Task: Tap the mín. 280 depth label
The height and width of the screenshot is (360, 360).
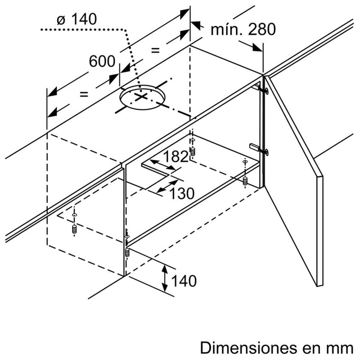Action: tap(243, 30)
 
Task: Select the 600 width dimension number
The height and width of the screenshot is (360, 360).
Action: tap(102, 62)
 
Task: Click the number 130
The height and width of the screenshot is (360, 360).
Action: tap(182, 193)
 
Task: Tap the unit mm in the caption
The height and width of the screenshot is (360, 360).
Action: tap(342, 348)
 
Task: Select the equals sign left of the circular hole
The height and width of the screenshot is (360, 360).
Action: tap(84, 94)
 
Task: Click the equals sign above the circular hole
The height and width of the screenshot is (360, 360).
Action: tap(156, 50)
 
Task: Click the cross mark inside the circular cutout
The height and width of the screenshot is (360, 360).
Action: tap(141, 97)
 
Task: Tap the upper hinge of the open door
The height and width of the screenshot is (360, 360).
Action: tap(261, 89)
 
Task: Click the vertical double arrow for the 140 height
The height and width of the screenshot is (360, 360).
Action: tap(165, 278)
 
